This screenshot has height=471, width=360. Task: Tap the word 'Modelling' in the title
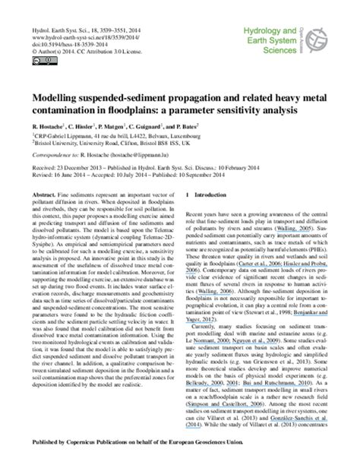58,98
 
